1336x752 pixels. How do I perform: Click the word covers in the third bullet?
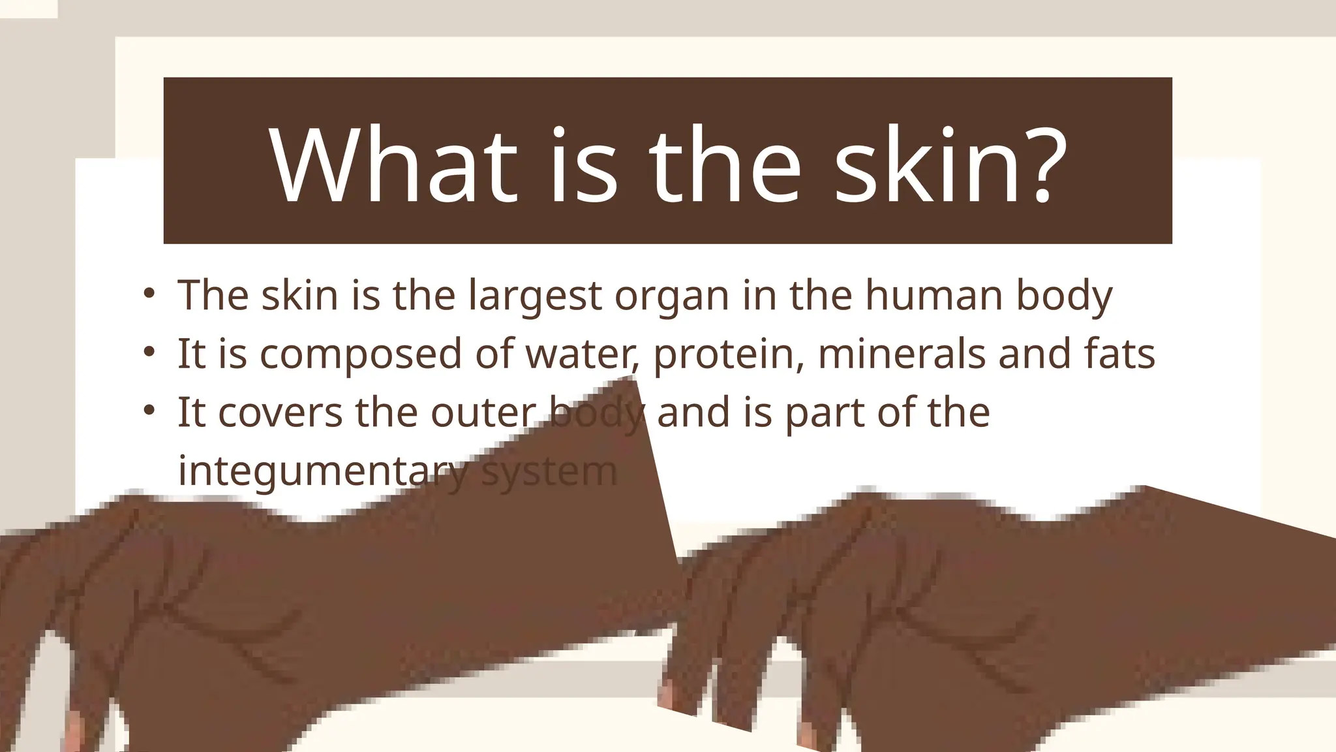coord(280,413)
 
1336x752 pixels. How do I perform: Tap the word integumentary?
coord(322,471)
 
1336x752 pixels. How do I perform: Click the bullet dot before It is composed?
coord(149,351)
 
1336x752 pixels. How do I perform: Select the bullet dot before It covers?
coord(149,410)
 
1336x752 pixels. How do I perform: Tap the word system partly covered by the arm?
coord(549,472)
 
